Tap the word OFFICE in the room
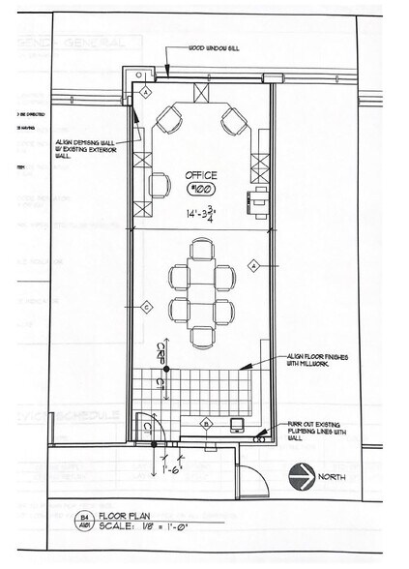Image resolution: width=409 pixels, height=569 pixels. tap(203, 176)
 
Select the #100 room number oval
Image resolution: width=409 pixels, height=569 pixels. tap(204, 191)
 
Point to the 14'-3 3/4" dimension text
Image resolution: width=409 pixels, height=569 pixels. tap(207, 213)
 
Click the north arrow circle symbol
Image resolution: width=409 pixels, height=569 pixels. tap(301, 475)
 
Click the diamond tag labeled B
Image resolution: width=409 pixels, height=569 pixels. tap(206, 424)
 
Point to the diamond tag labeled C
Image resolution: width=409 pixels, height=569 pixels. tap(145, 308)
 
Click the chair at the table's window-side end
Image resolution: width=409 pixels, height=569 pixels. tap(201, 250)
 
